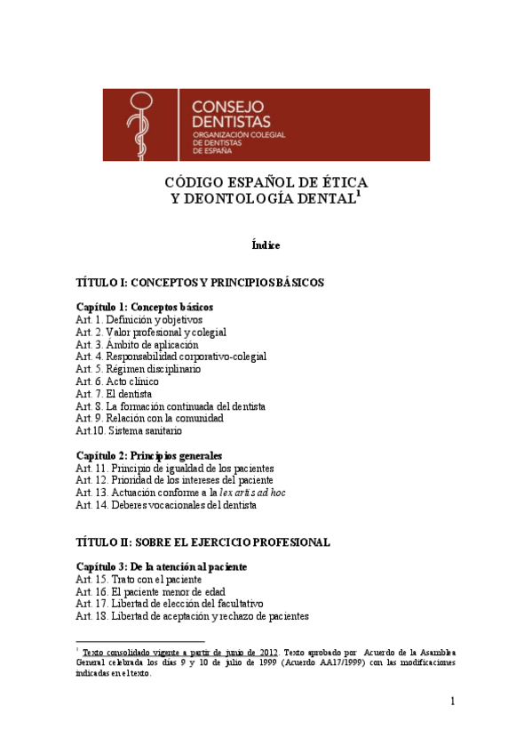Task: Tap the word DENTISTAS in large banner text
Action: click(x=232, y=122)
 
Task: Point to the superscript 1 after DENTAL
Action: click(x=358, y=194)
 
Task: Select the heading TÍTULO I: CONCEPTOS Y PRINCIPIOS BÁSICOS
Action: click(x=200, y=283)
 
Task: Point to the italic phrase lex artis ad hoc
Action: click(x=252, y=493)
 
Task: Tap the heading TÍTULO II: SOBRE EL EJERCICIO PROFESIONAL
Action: click(x=203, y=542)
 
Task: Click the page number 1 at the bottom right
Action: click(x=452, y=702)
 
